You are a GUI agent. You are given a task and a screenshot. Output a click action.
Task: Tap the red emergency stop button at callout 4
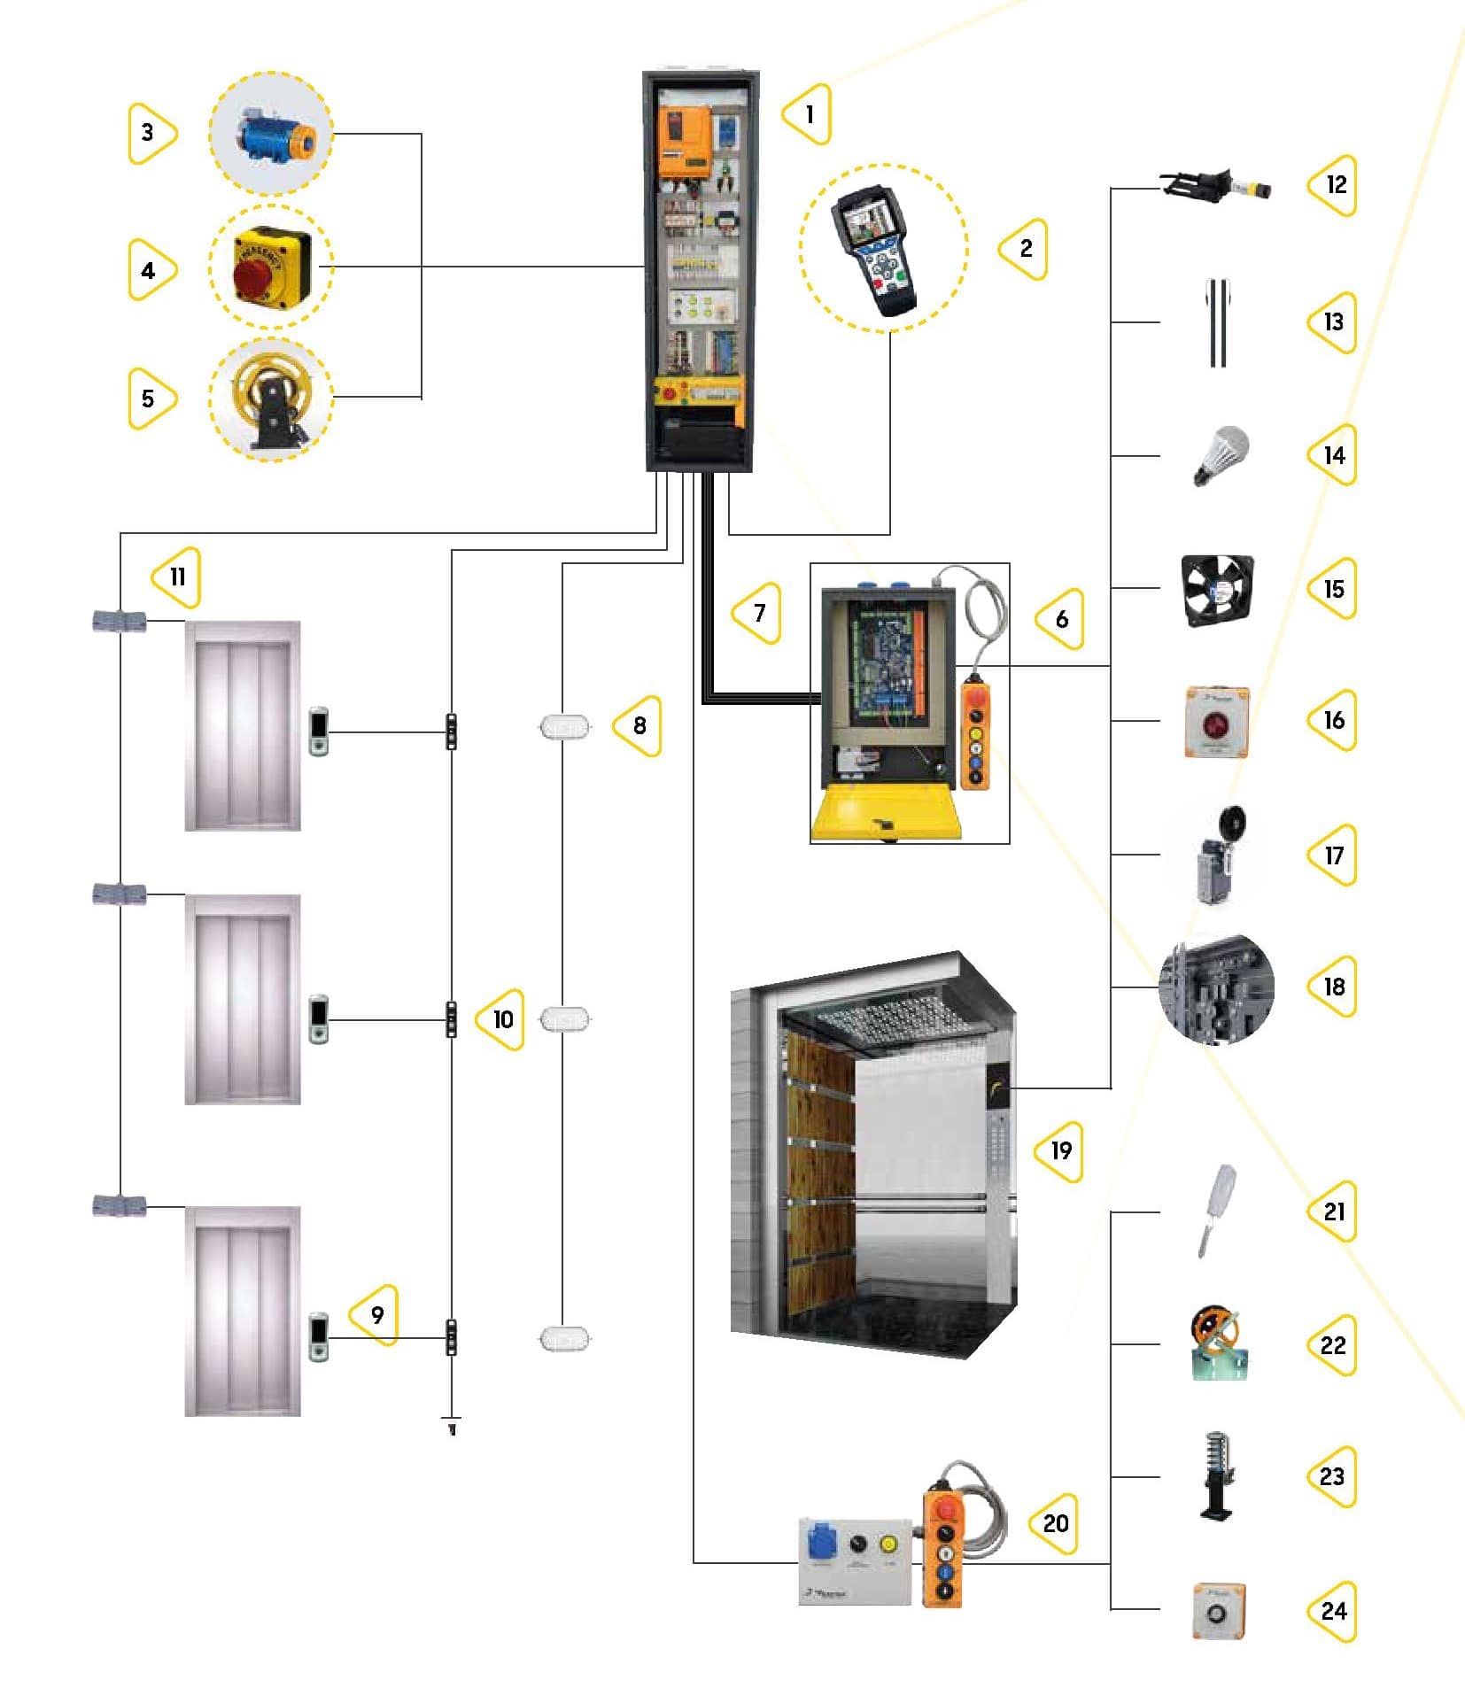(254, 275)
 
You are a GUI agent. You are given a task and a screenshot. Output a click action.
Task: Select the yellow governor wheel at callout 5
(268, 396)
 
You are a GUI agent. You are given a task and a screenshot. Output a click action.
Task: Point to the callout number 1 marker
(808, 114)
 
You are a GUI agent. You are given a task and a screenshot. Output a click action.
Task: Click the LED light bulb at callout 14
(1220, 453)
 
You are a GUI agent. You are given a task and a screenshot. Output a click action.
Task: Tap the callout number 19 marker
(1060, 1150)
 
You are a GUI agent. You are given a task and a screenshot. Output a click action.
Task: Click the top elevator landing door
(242, 726)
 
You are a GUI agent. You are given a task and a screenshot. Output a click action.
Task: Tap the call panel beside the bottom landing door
(318, 1337)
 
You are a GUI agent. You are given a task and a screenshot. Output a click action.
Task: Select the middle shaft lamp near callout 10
(564, 1019)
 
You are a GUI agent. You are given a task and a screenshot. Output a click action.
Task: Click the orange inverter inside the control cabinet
(684, 141)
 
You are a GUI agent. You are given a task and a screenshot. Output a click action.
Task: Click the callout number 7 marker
(758, 613)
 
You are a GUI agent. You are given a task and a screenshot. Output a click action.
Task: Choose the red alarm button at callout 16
(1216, 723)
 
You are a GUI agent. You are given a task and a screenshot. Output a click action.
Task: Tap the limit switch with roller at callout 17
(1219, 856)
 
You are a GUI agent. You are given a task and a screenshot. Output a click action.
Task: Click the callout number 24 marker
(1332, 1611)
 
